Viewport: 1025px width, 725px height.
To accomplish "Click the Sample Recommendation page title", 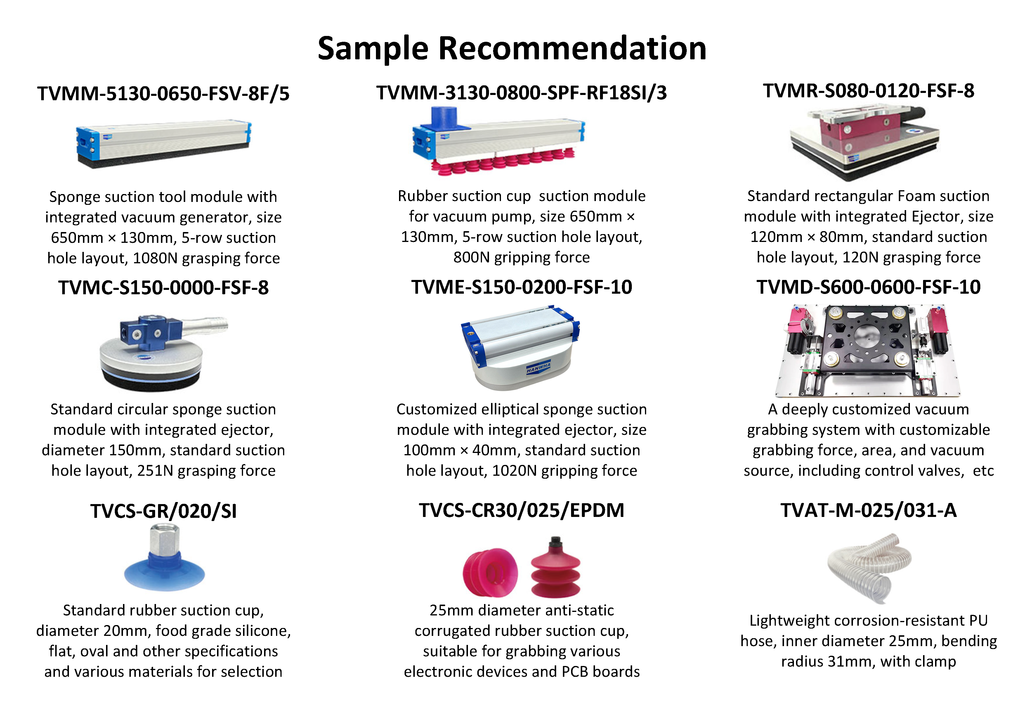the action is point(512,48).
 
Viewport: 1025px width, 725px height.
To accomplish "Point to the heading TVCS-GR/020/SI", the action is point(163,511).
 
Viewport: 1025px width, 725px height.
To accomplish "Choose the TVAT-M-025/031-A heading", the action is point(868,510).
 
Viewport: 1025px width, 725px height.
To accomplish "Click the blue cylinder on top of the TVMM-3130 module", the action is point(445,118).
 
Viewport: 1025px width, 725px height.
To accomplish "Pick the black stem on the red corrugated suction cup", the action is point(555,543).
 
